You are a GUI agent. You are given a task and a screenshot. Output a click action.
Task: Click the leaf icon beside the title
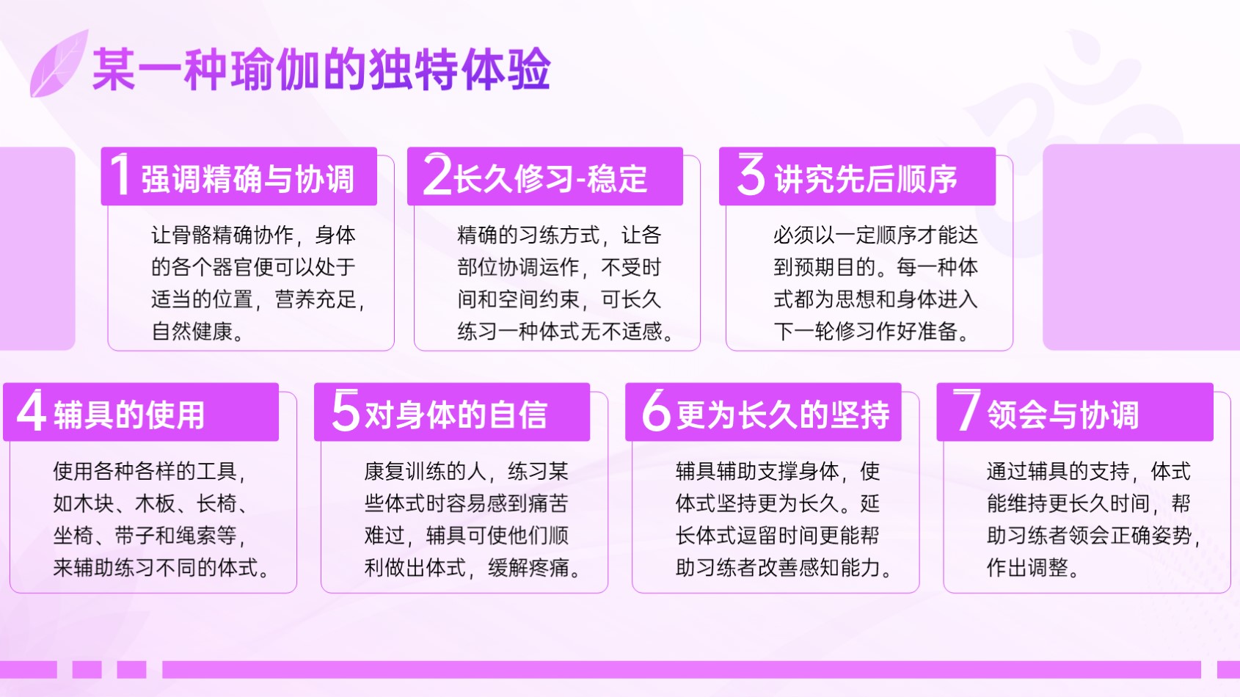(x=59, y=64)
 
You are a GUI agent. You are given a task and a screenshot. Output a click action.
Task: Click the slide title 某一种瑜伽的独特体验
(x=321, y=69)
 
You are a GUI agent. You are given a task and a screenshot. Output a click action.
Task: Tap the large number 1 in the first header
(x=121, y=175)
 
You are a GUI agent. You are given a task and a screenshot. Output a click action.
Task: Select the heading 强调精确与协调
(x=247, y=179)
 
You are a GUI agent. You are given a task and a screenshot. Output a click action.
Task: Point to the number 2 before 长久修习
(x=437, y=175)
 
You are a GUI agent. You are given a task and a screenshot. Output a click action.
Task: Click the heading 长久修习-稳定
(x=550, y=179)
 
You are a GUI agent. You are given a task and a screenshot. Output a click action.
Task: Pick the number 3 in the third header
(x=751, y=175)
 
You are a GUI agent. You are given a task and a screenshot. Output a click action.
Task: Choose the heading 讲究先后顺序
(x=866, y=179)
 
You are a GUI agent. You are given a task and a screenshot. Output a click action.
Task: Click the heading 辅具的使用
(x=129, y=415)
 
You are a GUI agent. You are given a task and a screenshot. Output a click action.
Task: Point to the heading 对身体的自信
(x=456, y=415)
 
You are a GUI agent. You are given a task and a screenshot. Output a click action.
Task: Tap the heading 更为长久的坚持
(x=784, y=415)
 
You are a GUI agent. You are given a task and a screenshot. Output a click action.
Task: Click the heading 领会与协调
(x=1063, y=415)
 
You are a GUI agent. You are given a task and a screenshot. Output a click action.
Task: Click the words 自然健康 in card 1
(x=192, y=331)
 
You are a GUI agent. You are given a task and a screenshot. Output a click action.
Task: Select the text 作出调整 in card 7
(x=1027, y=567)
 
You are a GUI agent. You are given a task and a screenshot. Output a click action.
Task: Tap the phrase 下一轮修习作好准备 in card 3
(x=866, y=331)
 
